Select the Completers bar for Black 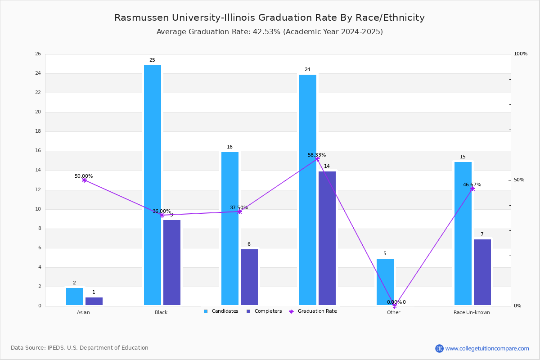point(172,263)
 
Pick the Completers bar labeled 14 point(327,238)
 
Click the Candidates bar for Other point(385,282)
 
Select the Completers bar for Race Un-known point(482,272)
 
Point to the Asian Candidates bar point(75,297)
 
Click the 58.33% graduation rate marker point(317,159)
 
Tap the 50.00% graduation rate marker point(84,180)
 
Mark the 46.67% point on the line point(472,189)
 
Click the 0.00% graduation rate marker point(395,306)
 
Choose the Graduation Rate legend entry point(313,311)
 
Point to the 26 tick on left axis point(38,54)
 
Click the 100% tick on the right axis point(521,54)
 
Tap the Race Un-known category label point(472,312)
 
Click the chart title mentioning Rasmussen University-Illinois point(270,18)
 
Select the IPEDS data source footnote point(80,348)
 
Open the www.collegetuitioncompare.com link point(487,348)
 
